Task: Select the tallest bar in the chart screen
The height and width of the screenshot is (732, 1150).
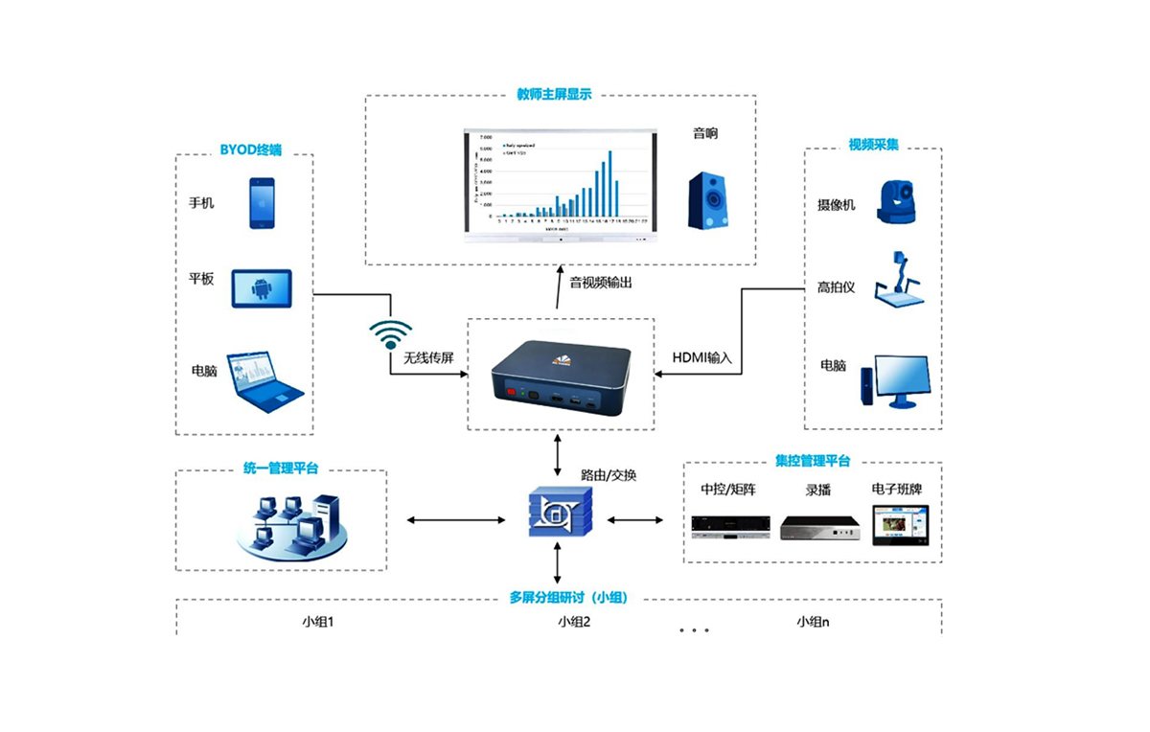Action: coord(609,183)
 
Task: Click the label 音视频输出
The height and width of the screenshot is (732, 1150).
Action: coord(601,283)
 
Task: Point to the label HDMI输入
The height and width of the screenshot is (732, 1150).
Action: coord(702,357)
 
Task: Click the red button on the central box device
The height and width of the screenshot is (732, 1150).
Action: coord(511,392)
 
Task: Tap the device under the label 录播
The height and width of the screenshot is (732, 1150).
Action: coord(818,527)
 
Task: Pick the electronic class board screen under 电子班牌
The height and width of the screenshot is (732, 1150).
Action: coord(900,525)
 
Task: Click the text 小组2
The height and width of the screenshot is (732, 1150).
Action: coord(574,621)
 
